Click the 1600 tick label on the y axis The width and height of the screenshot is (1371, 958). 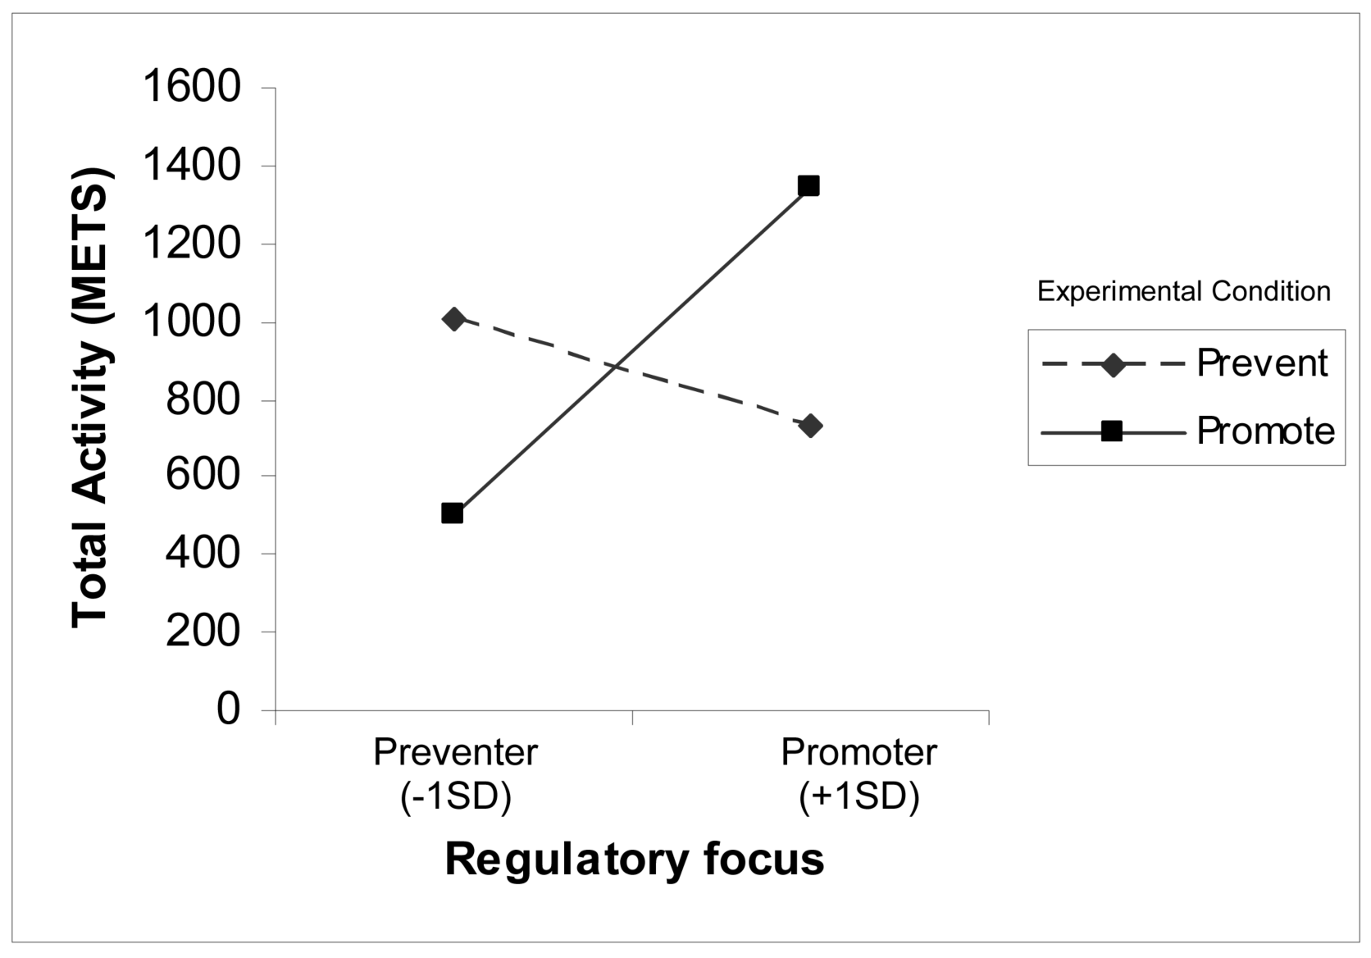pos(192,88)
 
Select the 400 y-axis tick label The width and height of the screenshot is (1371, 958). pos(203,554)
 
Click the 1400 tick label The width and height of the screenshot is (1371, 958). pos(192,167)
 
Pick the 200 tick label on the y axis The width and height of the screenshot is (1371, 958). pos(203,632)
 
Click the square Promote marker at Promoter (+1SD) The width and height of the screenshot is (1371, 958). pos(808,185)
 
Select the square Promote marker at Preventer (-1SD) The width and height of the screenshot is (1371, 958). pos(452,513)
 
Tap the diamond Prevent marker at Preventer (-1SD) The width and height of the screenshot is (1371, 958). pos(453,319)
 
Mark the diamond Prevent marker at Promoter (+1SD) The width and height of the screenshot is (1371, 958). pos(810,426)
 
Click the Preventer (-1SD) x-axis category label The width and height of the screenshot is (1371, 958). pos(456,773)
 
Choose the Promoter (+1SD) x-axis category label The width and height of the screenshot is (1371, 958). pos(859,773)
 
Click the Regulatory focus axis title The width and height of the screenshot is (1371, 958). pos(634,860)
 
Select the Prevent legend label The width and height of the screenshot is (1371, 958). pos(1261,363)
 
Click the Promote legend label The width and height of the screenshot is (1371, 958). pos(1265,431)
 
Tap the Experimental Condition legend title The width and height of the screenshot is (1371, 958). pos(1183,291)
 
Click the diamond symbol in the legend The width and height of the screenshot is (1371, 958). pos(1113,364)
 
